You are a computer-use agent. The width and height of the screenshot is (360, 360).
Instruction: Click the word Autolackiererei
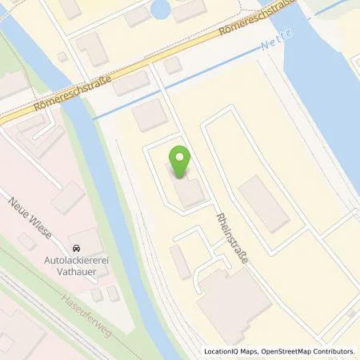[77, 261]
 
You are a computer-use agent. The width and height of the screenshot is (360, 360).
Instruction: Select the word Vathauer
[77, 272]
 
